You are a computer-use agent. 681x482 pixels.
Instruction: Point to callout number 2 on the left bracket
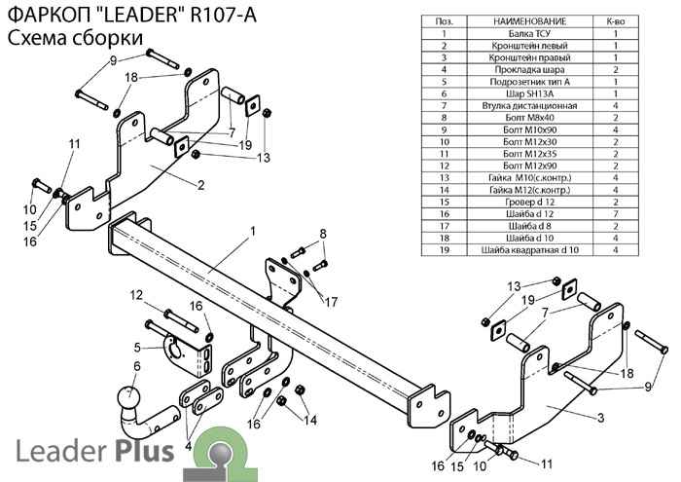(199, 184)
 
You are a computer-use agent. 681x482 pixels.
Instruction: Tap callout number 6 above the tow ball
(136, 366)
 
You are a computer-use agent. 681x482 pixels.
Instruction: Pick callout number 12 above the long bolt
(137, 295)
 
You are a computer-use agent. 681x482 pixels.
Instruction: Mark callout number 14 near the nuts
(311, 420)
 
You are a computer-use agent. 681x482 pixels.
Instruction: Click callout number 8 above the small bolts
(323, 232)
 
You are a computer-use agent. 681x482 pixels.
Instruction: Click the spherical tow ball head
(127, 399)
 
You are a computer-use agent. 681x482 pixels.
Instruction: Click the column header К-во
(615, 20)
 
